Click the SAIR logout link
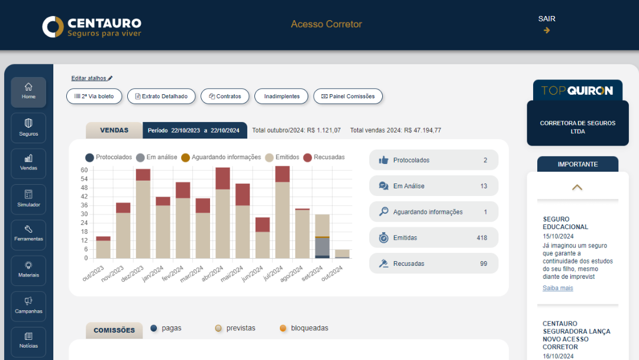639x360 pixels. click(x=547, y=24)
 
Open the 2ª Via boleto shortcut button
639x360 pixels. click(x=94, y=96)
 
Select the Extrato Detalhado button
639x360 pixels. click(x=161, y=96)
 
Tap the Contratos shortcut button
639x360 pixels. click(x=225, y=96)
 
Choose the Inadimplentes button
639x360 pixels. click(x=282, y=96)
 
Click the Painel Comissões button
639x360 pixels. click(x=348, y=96)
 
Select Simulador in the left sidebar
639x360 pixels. click(x=28, y=198)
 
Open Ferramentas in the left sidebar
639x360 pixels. click(x=28, y=234)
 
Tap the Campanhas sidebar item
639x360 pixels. click(x=28, y=306)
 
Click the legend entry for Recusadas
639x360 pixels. click(x=324, y=157)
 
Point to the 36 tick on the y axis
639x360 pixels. click(x=84, y=205)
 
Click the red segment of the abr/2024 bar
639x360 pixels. click(x=222, y=178)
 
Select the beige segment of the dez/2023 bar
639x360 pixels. click(x=143, y=219)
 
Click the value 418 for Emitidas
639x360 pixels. click(x=482, y=238)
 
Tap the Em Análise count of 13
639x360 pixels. click(x=483, y=186)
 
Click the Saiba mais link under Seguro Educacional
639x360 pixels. click(x=557, y=288)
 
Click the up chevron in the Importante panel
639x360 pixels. click(x=577, y=187)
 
